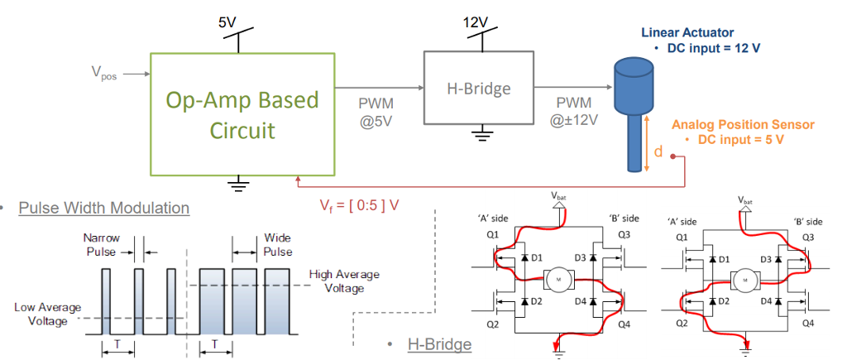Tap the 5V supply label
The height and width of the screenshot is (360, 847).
[x=227, y=22]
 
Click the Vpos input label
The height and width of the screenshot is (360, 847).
[x=103, y=74]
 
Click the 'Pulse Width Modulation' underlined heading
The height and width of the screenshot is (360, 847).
[x=104, y=208]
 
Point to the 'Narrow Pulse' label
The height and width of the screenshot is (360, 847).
[x=102, y=244]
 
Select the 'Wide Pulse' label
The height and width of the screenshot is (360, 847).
[x=277, y=244]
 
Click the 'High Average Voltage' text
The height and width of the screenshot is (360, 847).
[x=342, y=281]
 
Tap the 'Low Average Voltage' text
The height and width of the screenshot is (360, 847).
[x=48, y=314]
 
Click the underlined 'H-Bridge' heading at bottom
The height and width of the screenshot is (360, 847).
[x=439, y=343]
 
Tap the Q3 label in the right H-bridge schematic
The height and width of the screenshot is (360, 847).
[x=810, y=236]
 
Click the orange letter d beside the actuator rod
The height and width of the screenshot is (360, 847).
[x=658, y=151]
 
